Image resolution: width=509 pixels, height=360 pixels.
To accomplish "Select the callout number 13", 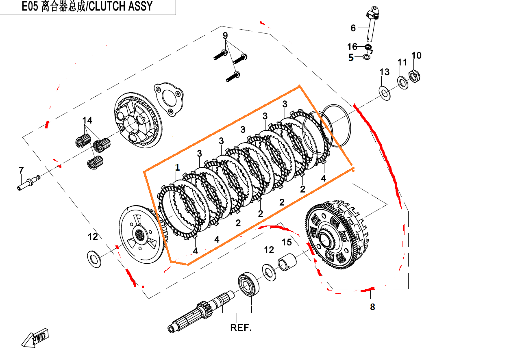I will coord(384,72).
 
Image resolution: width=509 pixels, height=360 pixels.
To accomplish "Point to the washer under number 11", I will coord(403,83).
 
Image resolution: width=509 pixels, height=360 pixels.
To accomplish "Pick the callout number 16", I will coord(352,47).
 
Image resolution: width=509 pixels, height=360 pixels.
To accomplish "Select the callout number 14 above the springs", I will coord(87,120).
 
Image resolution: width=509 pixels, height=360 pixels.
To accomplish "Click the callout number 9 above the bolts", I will coord(225,36).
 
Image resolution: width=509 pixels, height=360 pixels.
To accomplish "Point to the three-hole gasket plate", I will coord(168,100).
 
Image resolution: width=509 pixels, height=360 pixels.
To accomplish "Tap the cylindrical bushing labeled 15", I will coord(287,263).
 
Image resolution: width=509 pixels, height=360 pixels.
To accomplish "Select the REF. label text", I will coord(241,327).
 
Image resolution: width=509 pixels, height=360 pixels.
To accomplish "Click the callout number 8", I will coord(372,307).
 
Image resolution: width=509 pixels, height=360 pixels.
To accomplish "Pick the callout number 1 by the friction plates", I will coord(177,167).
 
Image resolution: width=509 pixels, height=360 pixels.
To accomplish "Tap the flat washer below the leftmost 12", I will coord(95,259).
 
